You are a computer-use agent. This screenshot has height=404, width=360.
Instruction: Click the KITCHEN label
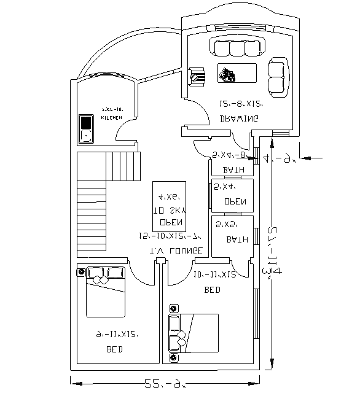point(111,117)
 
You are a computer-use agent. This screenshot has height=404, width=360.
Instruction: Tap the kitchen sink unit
point(85,129)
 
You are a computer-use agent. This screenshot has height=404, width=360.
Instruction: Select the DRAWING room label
point(239,118)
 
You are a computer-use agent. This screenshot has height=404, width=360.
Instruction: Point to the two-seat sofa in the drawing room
point(278,76)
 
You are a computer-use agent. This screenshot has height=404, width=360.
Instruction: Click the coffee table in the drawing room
point(236,73)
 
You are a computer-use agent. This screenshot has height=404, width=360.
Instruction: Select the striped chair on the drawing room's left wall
point(197,77)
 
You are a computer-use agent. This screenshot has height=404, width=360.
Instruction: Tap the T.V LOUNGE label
point(176,251)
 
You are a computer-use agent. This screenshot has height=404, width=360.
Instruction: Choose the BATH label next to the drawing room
point(233,170)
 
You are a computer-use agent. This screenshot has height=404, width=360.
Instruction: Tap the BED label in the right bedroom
point(213,289)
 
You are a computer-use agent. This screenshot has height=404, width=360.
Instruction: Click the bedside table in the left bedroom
point(80,271)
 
